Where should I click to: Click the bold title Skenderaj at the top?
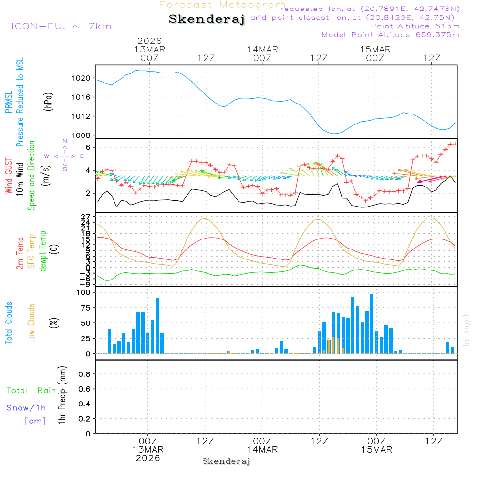pyautogui.click(x=207, y=20)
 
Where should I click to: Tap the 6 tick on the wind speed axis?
pyautogui.click(x=88, y=147)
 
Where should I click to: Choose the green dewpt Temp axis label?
pyautogui.click(x=43, y=251)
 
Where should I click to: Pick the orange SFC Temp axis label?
pyautogui.click(x=31, y=251)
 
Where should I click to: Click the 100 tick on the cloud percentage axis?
pyautogui.click(x=83, y=292)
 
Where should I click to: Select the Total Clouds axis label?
pyautogui.click(x=9, y=323)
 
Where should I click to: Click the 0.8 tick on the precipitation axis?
pyautogui.click(x=84, y=374)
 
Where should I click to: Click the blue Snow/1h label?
pyautogui.click(x=27, y=408)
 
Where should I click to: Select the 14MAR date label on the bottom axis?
pyautogui.click(x=262, y=450)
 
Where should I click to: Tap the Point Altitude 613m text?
pyautogui.click(x=415, y=26)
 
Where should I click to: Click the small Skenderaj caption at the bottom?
pyautogui.click(x=226, y=461)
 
